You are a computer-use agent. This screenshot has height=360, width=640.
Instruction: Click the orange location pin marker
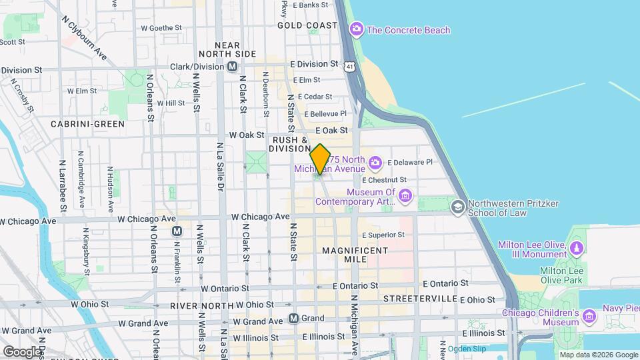pyautogui.click(x=321, y=159)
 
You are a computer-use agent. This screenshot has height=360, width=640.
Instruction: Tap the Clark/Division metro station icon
pyautogui.click(x=232, y=67)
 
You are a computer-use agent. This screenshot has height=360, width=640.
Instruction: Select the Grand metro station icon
pyautogui.click(x=293, y=319)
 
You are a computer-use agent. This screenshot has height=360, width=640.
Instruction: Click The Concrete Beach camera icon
pyautogui.click(x=357, y=30)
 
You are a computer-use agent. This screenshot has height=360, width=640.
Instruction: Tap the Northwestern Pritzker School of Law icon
pyautogui.click(x=458, y=207)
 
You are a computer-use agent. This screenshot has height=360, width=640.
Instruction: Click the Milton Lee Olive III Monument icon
pyautogui.click(x=577, y=249)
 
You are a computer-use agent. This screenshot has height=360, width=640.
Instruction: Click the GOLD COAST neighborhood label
pyautogui.click(x=307, y=25)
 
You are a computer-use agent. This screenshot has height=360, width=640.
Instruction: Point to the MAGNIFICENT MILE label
pyautogui.click(x=355, y=255)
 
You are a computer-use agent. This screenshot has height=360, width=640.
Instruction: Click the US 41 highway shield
pyautogui.click(x=350, y=67)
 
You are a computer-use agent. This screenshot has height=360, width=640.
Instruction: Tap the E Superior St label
pyautogui.click(x=383, y=235)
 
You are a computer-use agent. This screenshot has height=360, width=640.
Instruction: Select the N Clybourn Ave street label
pyautogui.click(x=83, y=38)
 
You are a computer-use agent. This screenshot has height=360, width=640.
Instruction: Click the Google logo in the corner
pyautogui.click(x=22, y=351)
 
